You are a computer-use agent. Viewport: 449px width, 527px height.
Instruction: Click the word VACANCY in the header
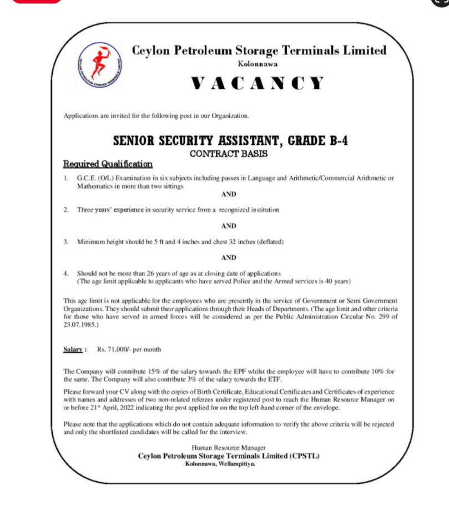(x=258, y=84)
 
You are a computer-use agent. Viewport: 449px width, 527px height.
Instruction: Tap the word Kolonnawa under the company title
(x=258, y=64)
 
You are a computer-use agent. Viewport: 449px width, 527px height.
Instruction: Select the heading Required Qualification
(x=108, y=164)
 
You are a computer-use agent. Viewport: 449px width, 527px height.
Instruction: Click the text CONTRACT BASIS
(x=229, y=154)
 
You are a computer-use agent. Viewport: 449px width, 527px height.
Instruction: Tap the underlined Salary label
(x=75, y=349)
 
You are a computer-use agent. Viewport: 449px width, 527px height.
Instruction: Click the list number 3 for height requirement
(x=65, y=242)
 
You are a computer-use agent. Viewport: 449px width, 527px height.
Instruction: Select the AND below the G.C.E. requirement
(x=229, y=194)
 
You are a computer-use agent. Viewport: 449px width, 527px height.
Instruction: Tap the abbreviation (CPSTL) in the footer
(x=302, y=455)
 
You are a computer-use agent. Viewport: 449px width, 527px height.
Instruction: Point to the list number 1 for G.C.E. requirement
(x=65, y=178)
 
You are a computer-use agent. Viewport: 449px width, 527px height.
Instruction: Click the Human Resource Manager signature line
(x=229, y=448)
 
